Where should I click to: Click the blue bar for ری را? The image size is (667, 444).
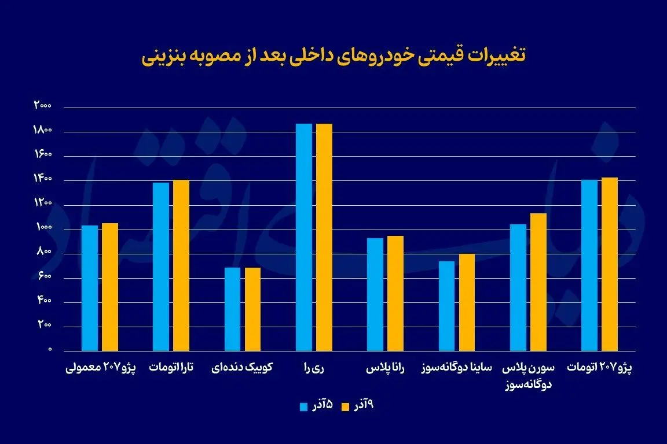pyautogui.click(x=304, y=237)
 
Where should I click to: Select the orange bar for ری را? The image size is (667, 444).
pyautogui.click(x=324, y=237)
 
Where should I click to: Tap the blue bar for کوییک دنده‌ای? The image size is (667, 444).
pyautogui.click(x=232, y=309)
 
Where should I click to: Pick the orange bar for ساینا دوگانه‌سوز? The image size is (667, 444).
pyautogui.click(x=467, y=302)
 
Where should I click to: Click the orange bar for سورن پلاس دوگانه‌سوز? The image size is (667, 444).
pyautogui.click(x=538, y=282)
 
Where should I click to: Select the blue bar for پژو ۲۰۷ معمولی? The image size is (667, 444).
pyautogui.click(x=90, y=288)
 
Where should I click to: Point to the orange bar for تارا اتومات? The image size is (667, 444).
pyautogui.click(x=181, y=265)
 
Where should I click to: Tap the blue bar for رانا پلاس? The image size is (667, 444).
pyautogui.click(x=375, y=294)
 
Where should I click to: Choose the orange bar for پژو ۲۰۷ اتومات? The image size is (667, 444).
pyautogui.click(x=610, y=264)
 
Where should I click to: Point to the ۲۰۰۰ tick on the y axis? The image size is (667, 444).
pyautogui.click(x=43, y=106)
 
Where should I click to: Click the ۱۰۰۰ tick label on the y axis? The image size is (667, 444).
pyautogui.click(x=43, y=228)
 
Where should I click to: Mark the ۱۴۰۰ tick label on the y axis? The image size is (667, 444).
pyautogui.click(x=43, y=180)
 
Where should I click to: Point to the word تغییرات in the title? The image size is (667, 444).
pyautogui.click(x=499, y=56)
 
